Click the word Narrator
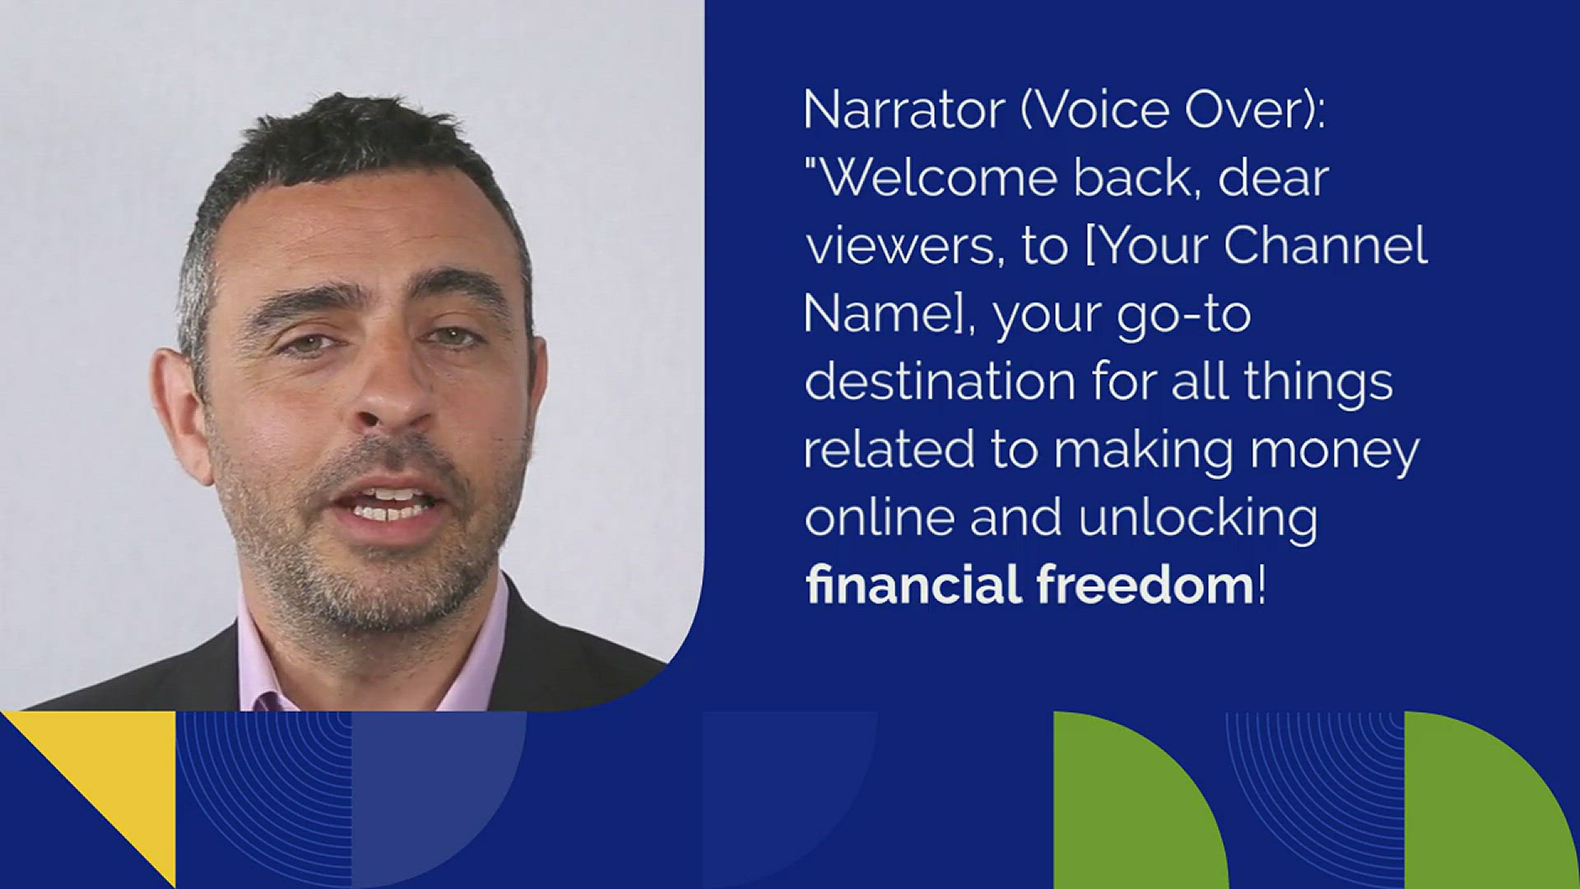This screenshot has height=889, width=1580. [x=903, y=109]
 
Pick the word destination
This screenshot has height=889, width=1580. [x=939, y=383]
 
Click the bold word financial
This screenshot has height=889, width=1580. [x=913, y=584]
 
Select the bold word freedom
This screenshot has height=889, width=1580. [x=1145, y=584]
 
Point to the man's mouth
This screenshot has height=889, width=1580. [x=392, y=505]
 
